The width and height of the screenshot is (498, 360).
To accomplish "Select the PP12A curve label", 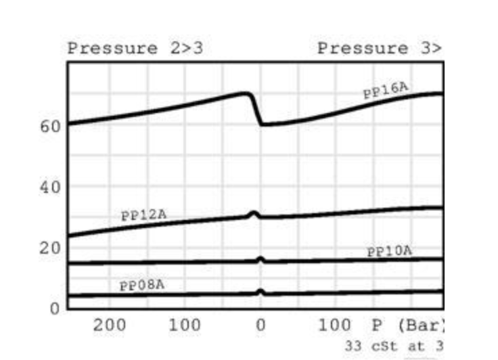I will pos(143,215).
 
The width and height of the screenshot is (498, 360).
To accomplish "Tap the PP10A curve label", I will pos(389,251).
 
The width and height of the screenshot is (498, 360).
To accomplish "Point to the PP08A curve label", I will pos(142,286).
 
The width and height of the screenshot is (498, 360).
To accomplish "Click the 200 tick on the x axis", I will pos(110,325).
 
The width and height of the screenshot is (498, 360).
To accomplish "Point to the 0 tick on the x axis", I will pos(261,325).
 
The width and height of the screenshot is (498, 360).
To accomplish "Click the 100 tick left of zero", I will pos(185,325).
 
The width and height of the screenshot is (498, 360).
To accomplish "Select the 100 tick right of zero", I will pos(335,325).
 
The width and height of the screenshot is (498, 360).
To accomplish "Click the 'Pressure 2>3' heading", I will pos(135,49).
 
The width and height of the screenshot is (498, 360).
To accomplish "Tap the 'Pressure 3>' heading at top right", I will pos(380,49).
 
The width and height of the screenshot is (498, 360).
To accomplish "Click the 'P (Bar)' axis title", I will pos(408,325).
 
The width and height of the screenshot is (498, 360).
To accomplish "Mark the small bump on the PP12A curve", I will pos(254,214).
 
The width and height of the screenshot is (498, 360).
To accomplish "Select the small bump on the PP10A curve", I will pos(261,259).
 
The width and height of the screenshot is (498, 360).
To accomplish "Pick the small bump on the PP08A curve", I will pos(261,292).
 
